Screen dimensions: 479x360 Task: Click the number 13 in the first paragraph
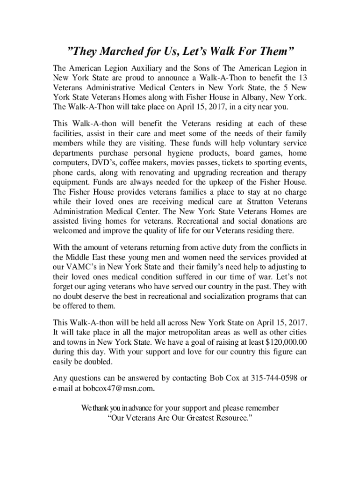302,77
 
